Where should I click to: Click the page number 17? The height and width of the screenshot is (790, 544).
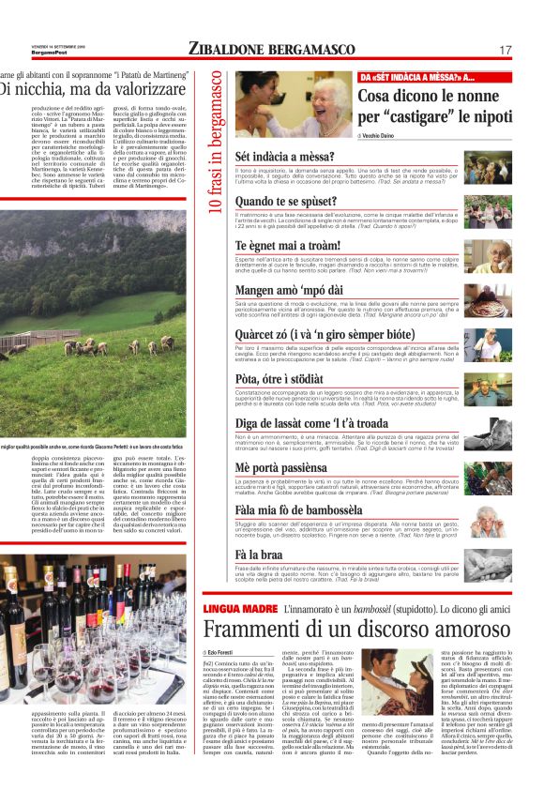[x=505, y=50]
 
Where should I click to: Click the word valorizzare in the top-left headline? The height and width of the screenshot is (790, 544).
[x=121, y=90]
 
